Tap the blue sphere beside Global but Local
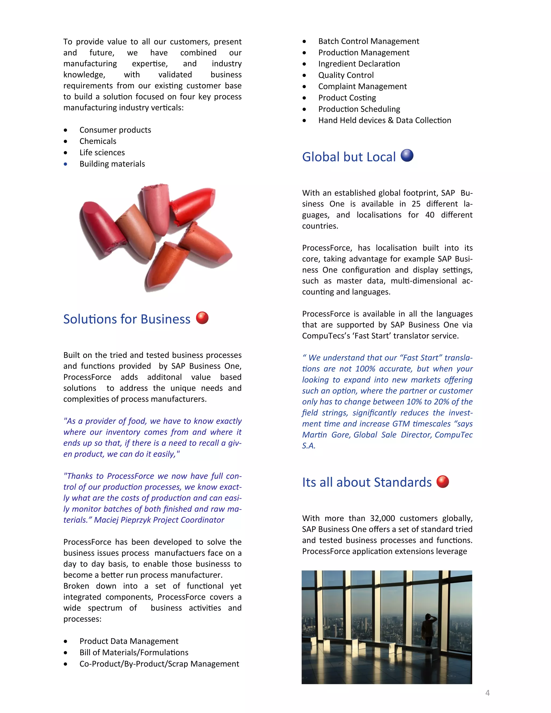tap(407, 156)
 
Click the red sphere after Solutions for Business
tap(202, 318)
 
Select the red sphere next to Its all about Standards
tap(443, 482)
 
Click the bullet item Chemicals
tap(98, 141)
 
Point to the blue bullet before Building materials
tap(66, 164)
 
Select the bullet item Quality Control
tap(346, 75)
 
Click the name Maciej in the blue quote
tap(106, 520)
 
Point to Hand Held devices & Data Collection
tap(384, 121)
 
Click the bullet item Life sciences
tap(102, 153)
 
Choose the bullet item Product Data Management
tap(129, 641)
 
